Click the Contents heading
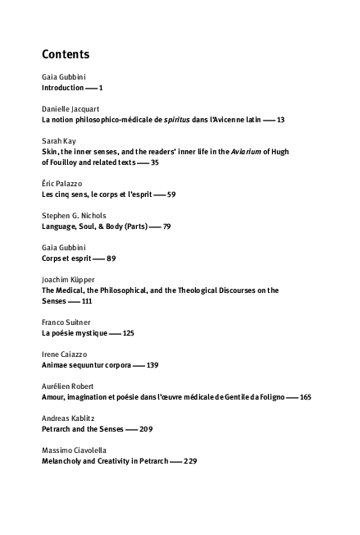pos(66,54)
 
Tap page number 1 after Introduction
pos(101,88)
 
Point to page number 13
pos(280,120)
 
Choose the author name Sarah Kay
pos(58,140)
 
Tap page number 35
pos(155,162)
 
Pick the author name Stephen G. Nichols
pos(74,216)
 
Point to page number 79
pos(166,226)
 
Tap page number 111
pos(87,301)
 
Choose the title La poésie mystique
pos(75,333)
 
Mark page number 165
pos(306,397)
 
